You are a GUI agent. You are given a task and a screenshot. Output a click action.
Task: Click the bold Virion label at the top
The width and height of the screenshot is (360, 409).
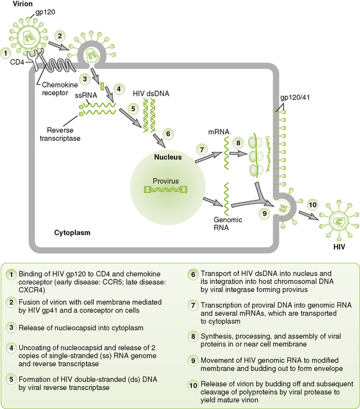point(15,4)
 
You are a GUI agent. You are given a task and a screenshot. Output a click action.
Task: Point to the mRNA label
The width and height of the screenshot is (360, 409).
point(218,139)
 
